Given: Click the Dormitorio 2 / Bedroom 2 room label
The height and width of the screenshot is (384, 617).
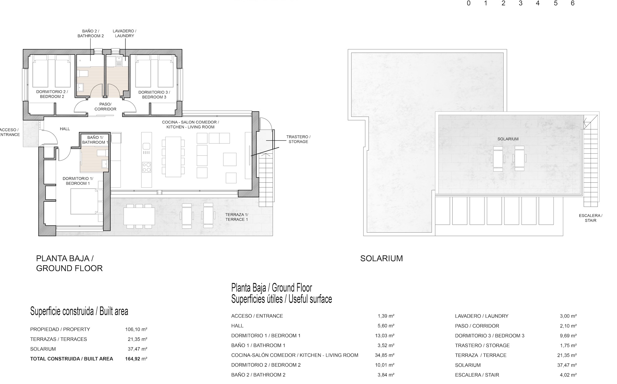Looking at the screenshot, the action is point(52,94).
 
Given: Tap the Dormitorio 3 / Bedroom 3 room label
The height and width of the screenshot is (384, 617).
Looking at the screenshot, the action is point(154,94).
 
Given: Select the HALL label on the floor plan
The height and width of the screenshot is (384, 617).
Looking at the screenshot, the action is point(65,129).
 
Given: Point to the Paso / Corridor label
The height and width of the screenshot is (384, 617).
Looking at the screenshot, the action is point(105,107).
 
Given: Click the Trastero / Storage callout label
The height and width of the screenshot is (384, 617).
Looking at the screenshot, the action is point(298,139).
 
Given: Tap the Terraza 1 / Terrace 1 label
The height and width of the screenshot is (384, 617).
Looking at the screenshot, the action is point(237,217).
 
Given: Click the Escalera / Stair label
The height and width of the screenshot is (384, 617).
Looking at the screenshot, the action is point(591,218).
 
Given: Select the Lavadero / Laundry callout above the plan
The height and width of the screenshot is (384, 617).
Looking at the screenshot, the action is point(124,33).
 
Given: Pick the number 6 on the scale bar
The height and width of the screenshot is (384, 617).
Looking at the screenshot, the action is point(573,3).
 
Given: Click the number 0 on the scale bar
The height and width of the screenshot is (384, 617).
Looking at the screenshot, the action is point(468,3).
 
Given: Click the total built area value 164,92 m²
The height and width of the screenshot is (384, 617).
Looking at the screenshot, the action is point(136,359).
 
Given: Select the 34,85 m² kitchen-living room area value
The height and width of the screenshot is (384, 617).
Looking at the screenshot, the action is point(385,355).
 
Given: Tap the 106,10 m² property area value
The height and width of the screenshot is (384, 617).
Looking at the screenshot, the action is point(136,329).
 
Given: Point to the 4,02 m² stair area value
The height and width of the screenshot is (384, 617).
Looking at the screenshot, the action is point(568,375).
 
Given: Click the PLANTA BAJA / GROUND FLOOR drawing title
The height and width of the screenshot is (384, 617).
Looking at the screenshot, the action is point(69,263).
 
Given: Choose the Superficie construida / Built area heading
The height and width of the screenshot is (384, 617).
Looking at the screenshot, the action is point(79,311).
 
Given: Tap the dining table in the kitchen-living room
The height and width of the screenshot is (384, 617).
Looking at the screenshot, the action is point(173,157).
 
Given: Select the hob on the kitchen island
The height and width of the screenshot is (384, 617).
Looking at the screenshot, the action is point(146,167).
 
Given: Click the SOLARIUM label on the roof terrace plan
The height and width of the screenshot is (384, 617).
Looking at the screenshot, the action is point(508,139).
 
